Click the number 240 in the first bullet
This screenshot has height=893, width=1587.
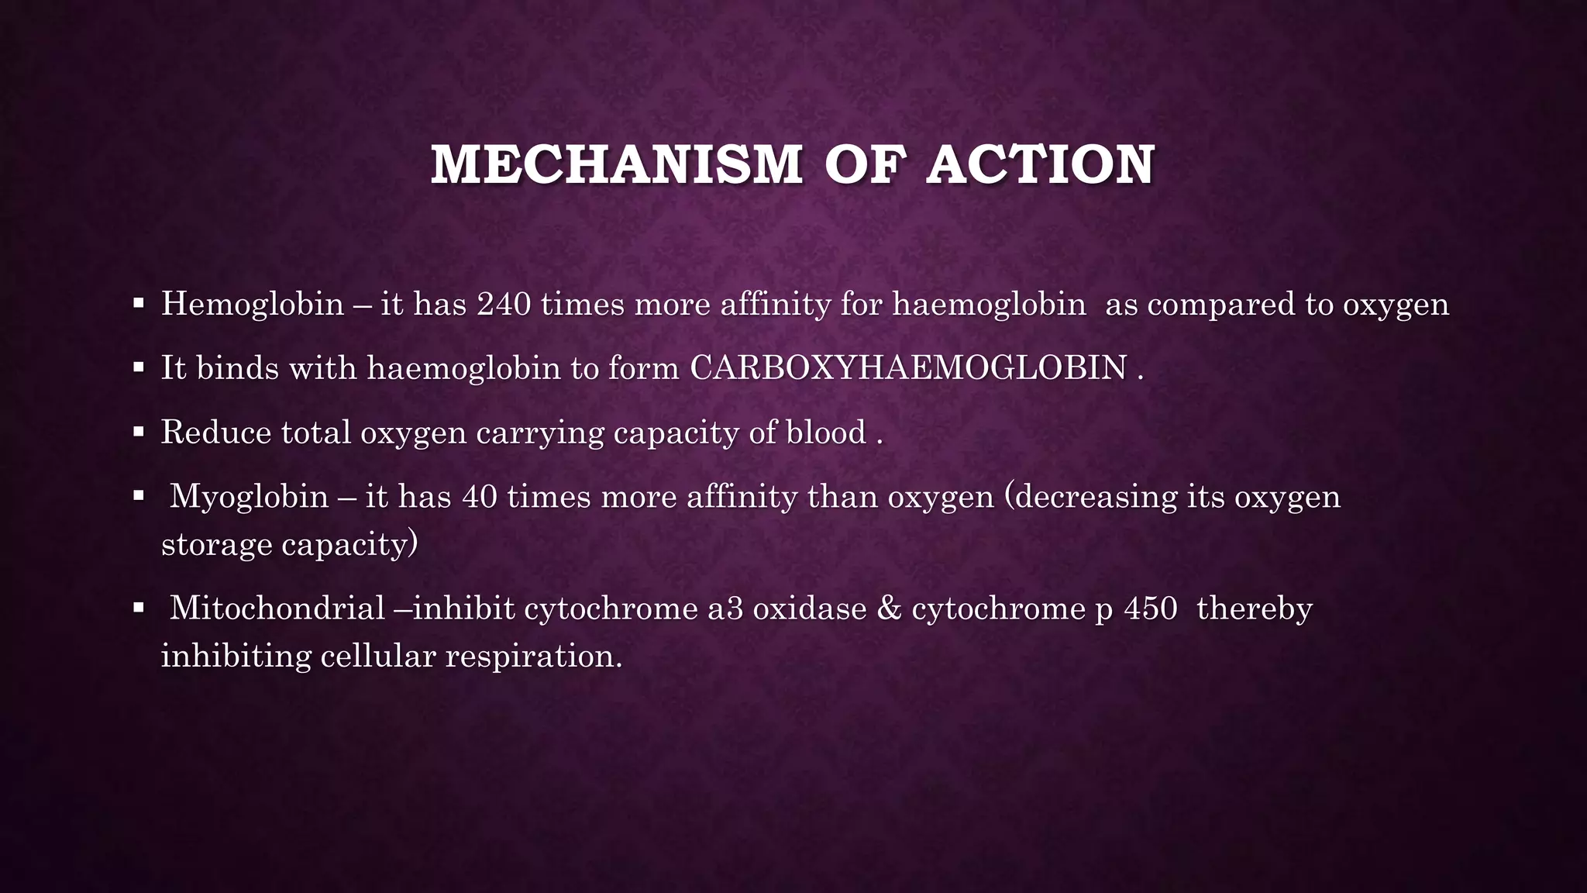click(x=504, y=303)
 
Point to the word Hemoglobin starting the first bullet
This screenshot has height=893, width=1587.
click(x=253, y=303)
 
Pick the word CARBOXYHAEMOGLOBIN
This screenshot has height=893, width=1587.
click(x=908, y=367)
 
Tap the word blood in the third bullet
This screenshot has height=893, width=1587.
click(x=826, y=432)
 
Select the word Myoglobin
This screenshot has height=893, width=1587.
click(x=249, y=496)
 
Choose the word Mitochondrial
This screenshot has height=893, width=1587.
click(x=277, y=608)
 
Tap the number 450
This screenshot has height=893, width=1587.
click(x=1151, y=608)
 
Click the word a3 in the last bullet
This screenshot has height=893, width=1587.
click(x=725, y=608)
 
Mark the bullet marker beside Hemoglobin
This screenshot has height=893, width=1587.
click(x=139, y=303)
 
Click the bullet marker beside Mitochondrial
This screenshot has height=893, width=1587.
click(x=139, y=608)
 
